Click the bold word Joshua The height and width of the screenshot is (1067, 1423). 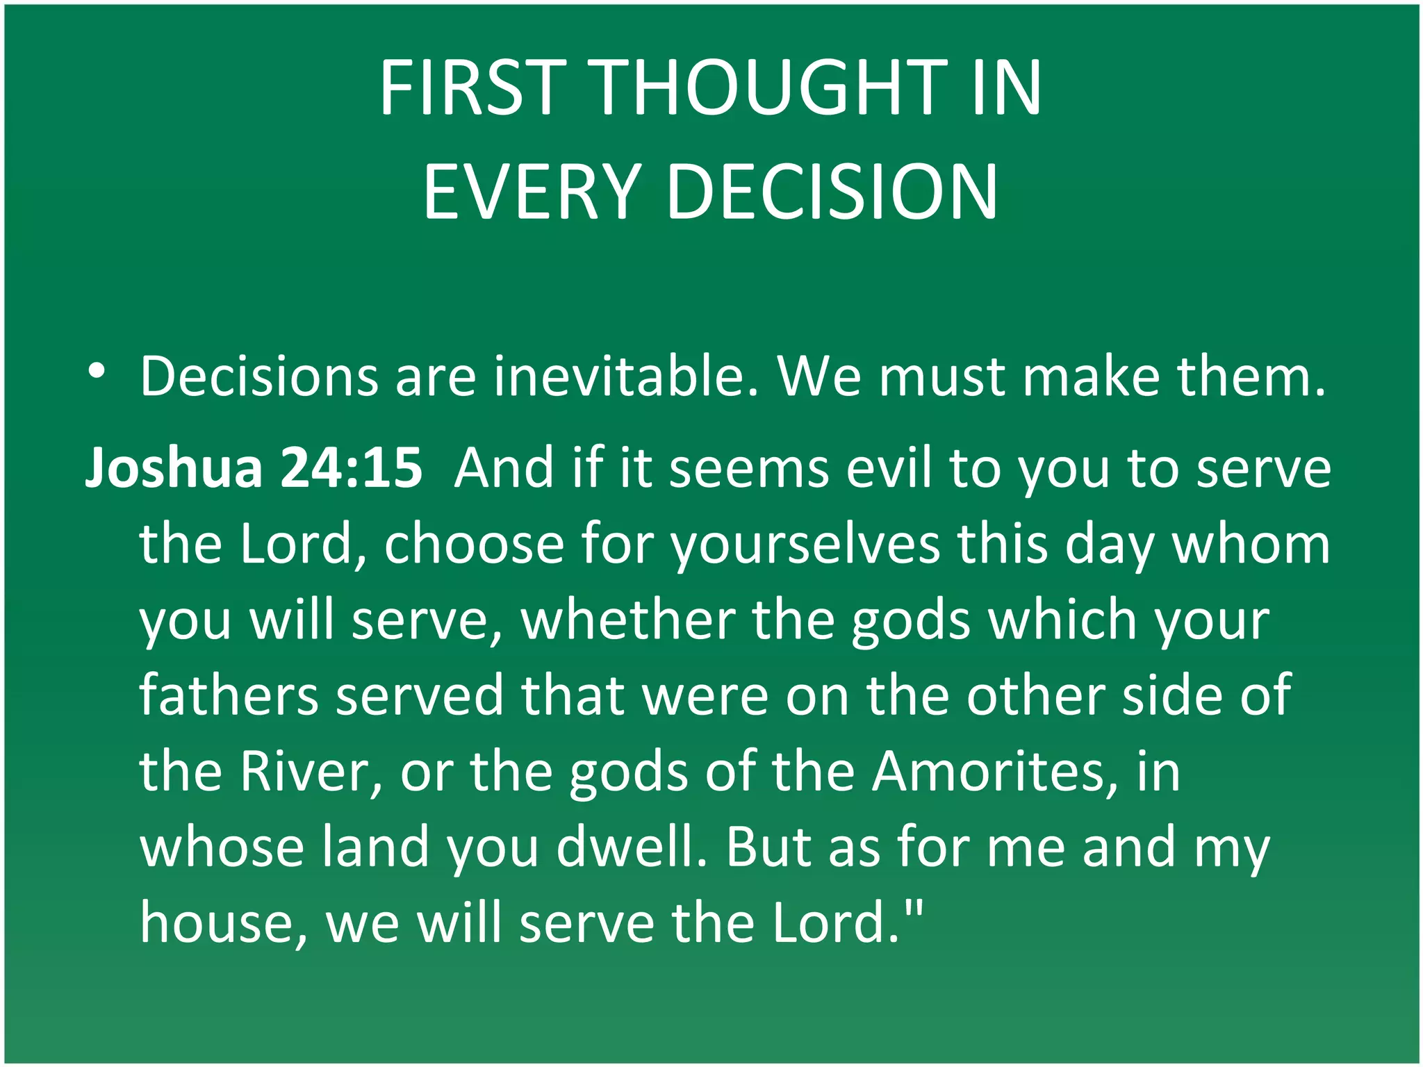coord(174,467)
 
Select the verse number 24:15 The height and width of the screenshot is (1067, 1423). coord(352,467)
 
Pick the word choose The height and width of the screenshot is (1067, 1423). coord(474,543)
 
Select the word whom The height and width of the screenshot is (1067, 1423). coord(1251,543)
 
